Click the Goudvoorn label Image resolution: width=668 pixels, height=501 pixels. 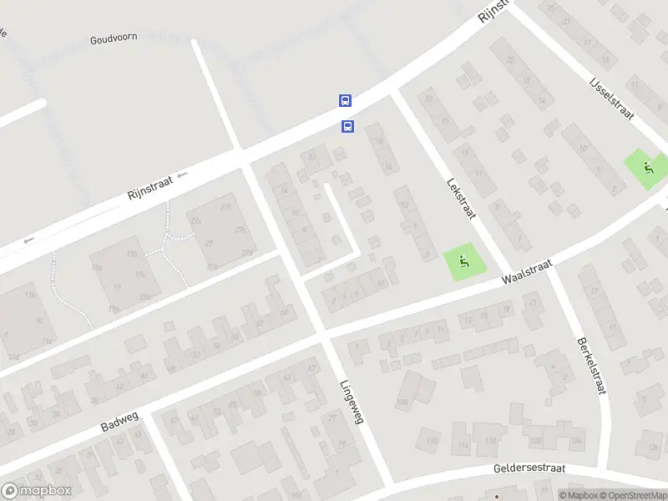tap(114, 38)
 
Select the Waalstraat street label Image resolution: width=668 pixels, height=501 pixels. tap(528, 272)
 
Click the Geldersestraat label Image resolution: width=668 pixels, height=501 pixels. tap(529, 469)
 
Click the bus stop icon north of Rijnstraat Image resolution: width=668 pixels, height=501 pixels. tap(345, 100)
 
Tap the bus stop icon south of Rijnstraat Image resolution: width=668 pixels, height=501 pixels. tap(347, 127)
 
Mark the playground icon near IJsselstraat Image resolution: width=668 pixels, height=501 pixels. tap(647, 165)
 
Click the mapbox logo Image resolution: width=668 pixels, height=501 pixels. tap(37, 491)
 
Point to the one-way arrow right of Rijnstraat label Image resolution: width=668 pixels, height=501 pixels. tap(182, 175)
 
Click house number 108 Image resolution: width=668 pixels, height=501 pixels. tap(402, 402)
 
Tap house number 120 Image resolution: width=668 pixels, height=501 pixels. tap(535, 440)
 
